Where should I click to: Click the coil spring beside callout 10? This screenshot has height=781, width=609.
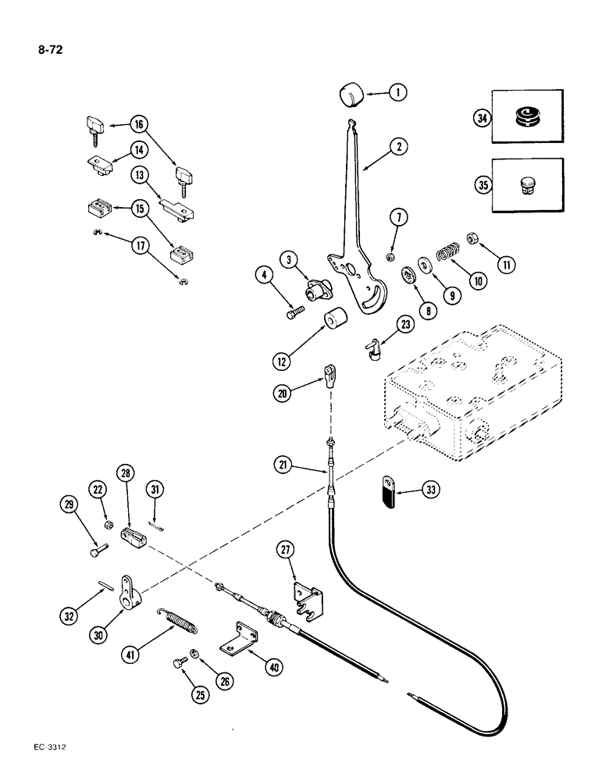pos(443,256)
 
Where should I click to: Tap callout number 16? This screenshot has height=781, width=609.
pos(139,123)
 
